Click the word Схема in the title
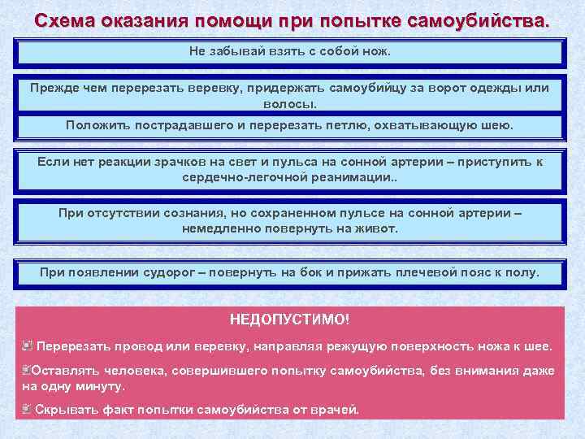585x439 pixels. (65, 20)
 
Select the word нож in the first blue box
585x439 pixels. (377, 51)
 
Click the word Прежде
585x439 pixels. (55, 88)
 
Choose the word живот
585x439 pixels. (379, 228)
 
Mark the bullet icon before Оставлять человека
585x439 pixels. (28, 370)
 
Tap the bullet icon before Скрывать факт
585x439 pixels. (28, 409)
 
